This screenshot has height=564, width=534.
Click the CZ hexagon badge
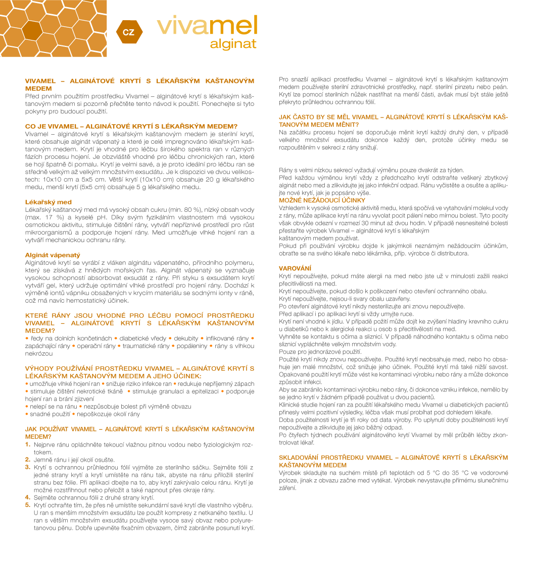[x=129, y=32]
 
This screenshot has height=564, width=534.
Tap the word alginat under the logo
[x=233, y=44]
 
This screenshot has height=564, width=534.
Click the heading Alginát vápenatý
[x=53, y=255]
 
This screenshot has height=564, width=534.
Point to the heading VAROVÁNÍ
[x=295, y=267]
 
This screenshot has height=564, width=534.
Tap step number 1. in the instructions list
[x=28, y=444]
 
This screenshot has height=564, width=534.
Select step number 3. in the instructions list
[x=28, y=467]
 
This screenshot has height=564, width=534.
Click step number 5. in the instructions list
[x=28, y=505]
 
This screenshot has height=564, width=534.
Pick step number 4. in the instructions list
[x=28, y=497]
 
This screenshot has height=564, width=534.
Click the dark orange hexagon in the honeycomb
[x=31, y=30]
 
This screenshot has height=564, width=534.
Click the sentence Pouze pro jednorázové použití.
[x=320, y=351]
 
